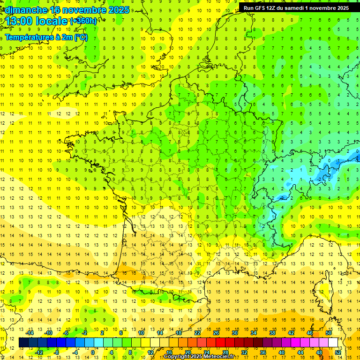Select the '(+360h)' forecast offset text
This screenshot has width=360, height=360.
84,21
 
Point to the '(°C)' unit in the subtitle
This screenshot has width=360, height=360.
80,37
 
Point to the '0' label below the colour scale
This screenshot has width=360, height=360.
93,352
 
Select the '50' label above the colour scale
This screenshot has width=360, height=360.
329,333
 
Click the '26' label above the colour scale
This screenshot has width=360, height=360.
216,333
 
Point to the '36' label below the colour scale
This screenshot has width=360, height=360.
263,352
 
